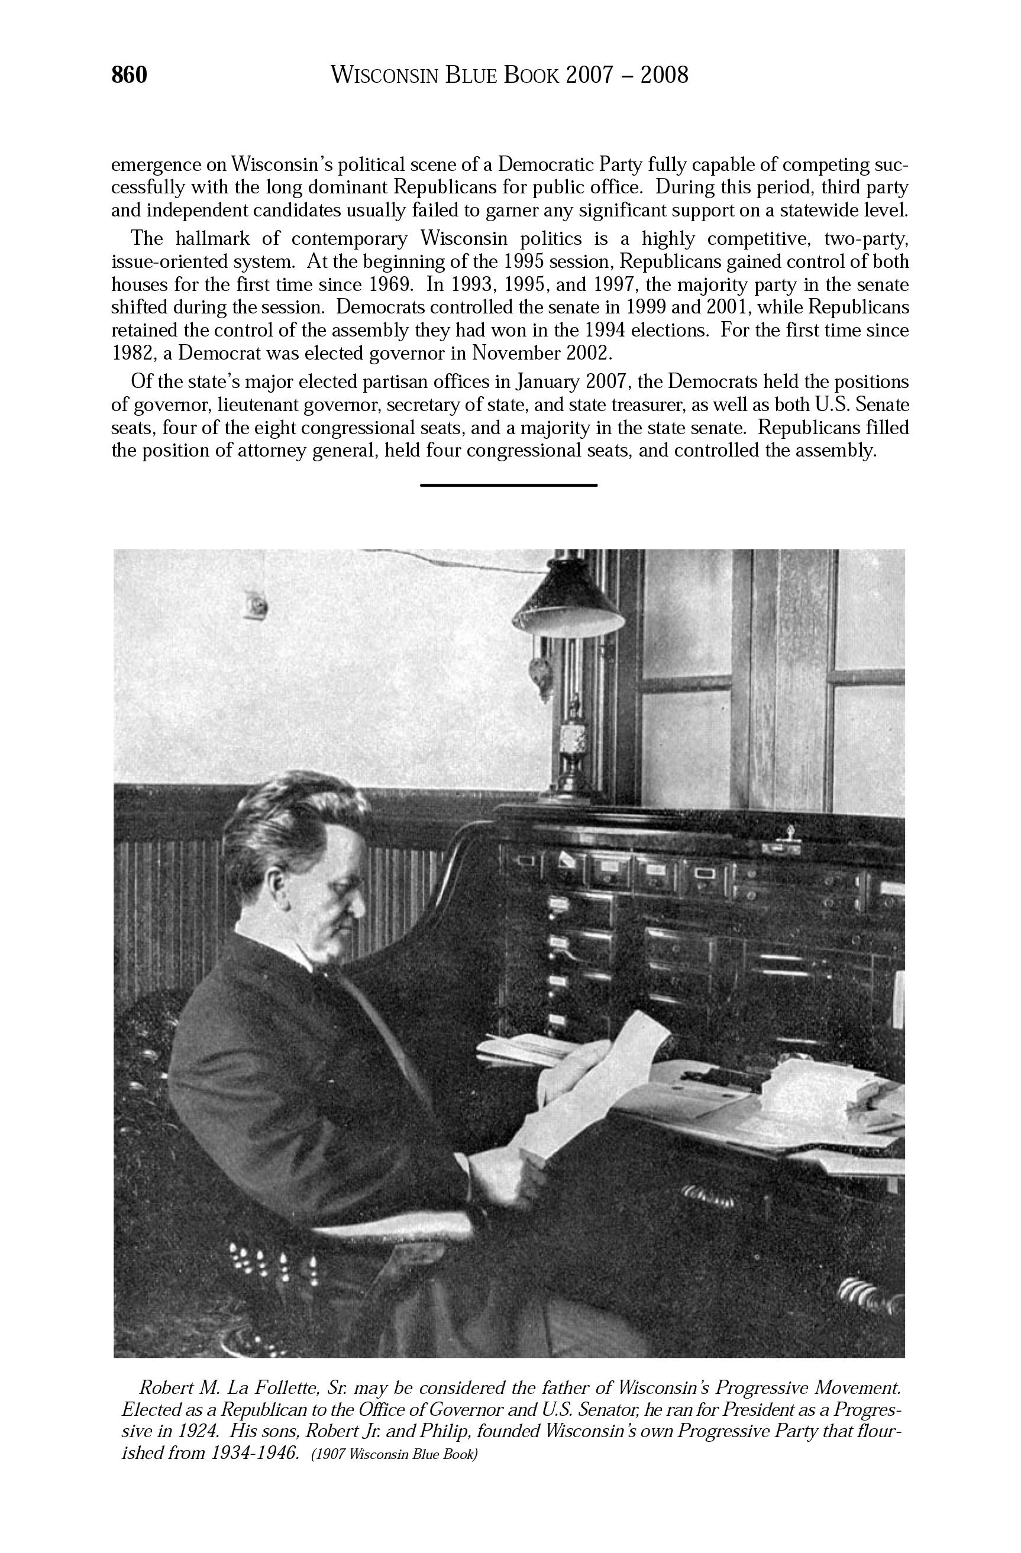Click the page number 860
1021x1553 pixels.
click(x=130, y=76)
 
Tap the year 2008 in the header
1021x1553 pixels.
click(x=664, y=76)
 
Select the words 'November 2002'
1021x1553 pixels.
click(x=542, y=353)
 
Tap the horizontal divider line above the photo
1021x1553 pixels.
click(x=509, y=485)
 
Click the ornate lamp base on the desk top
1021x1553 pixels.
click(x=574, y=750)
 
